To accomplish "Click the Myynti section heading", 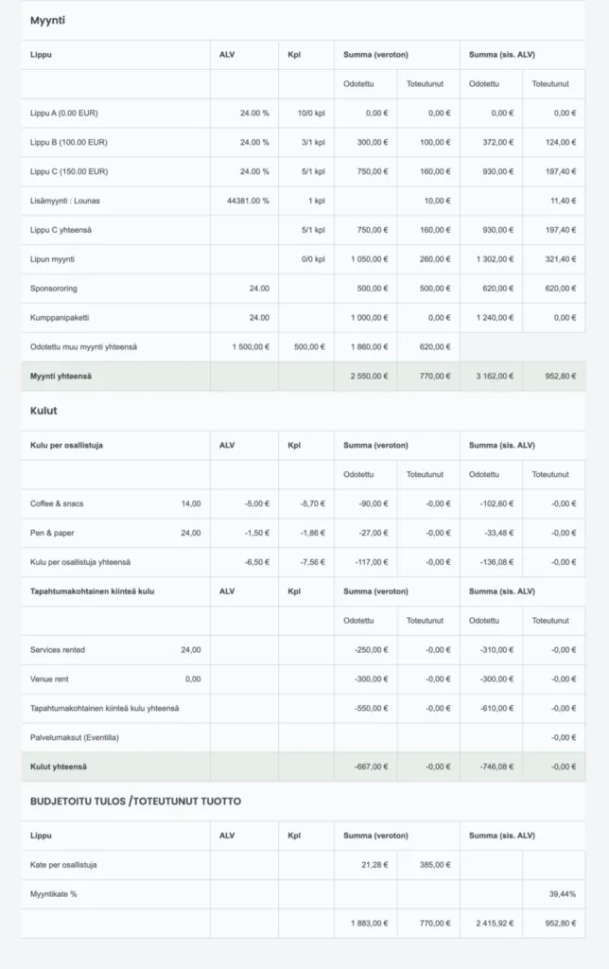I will pyautogui.click(x=47, y=20).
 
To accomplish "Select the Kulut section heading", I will pyautogui.click(x=43, y=411).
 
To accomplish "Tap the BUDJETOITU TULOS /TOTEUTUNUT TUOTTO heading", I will pyautogui.click(x=135, y=801).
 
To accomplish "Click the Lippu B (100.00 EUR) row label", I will pyautogui.click(x=68, y=142).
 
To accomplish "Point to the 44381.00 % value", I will pyautogui.click(x=248, y=201).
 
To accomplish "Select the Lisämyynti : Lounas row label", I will pyautogui.click(x=71, y=201).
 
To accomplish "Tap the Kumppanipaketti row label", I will pyautogui.click(x=61, y=317).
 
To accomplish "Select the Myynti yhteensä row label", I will pyautogui.click(x=61, y=376).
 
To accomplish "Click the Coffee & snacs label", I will pyautogui.click(x=57, y=503).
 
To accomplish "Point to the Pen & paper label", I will pyautogui.click(x=52, y=533).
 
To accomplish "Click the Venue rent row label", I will pyautogui.click(x=49, y=678).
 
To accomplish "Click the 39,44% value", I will pyautogui.click(x=562, y=893).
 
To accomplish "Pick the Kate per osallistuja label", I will pyautogui.click(x=63, y=864).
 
